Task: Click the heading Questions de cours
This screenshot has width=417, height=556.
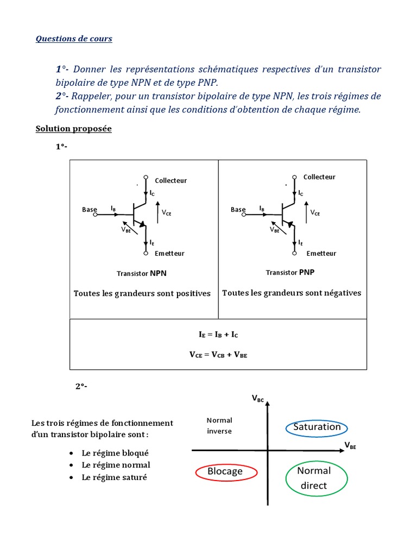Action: [x=74, y=39]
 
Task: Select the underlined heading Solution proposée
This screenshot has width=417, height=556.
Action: [x=73, y=129]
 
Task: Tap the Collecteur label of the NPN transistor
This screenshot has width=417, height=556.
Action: [x=170, y=180]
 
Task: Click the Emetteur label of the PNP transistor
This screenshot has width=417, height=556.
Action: [x=321, y=253]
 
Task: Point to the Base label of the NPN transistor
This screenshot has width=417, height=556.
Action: [x=90, y=210]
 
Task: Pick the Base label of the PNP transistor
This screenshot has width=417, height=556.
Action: [x=238, y=210]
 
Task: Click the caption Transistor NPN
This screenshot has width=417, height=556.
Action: [x=141, y=273]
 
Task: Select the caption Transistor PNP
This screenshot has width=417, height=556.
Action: [x=290, y=272]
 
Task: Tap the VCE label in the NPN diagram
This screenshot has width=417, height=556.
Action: [x=166, y=213]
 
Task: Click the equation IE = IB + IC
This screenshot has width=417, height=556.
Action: [x=218, y=335]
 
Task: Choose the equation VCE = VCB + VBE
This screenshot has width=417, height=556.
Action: [x=218, y=355]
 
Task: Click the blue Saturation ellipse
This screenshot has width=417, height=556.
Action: [x=317, y=427]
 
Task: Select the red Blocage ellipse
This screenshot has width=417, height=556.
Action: [x=225, y=471]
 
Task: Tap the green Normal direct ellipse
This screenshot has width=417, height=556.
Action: [x=314, y=478]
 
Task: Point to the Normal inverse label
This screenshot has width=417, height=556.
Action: [x=219, y=426]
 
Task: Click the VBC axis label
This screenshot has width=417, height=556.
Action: [x=257, y=399]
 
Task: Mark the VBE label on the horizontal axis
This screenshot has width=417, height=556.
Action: [x=351, y=445]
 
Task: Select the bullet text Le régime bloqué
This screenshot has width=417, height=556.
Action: [x=115, y=453]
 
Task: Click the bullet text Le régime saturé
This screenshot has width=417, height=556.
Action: [x=114, y=477]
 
